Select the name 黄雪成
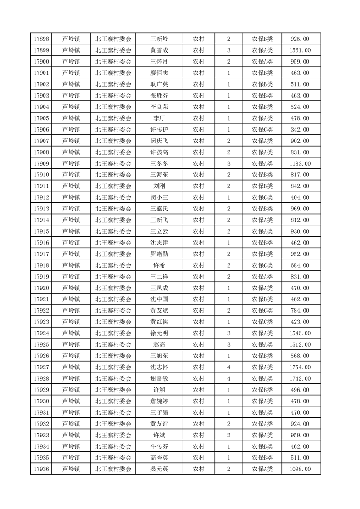point(159,50)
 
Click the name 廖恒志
point(159,73)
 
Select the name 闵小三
point(159,197)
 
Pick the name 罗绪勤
point(159,254)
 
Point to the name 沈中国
point(159,299)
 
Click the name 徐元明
point(159,333)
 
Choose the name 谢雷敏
point(159,378)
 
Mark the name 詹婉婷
point(159,401)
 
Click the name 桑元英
point(159,469)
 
